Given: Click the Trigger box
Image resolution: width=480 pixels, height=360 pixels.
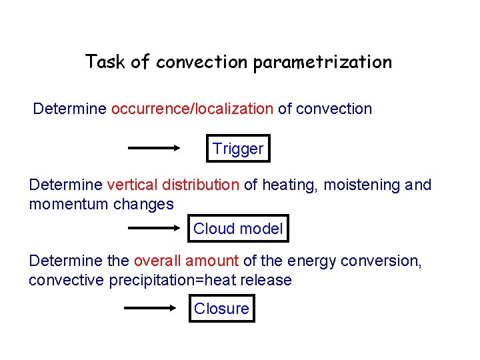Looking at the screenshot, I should (238, 149).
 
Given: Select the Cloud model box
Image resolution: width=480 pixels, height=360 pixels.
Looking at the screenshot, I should (238, 229).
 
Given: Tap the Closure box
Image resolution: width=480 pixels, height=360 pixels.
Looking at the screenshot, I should (221, 308).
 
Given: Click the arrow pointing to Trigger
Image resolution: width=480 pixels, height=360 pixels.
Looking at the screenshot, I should (155, 149).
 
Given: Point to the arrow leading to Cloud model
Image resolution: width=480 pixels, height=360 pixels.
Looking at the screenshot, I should (155, 229).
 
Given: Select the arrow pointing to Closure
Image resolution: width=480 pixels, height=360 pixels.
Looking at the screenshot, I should (155, 308).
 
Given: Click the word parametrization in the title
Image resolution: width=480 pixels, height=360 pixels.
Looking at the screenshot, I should (322, 63).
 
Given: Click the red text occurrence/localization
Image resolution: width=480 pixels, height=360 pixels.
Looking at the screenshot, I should (192, 109).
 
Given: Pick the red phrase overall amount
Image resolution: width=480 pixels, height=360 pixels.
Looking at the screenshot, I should (186, 261).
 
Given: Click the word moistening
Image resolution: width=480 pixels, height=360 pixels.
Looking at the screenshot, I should (361, 185).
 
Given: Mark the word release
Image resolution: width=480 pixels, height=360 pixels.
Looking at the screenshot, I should (267, 280).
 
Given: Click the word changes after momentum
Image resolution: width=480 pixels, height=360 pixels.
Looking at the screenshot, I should (143, 204).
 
